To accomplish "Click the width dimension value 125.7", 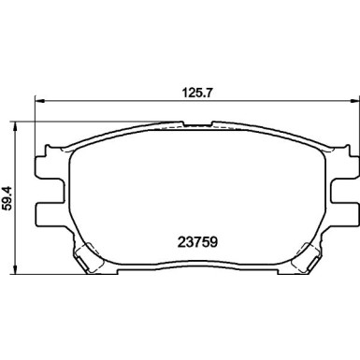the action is coord(196,93).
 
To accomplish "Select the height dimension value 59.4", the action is coord(7,197).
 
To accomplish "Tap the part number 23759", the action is coord(197,241).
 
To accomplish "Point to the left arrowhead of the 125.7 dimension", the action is coord(40,101).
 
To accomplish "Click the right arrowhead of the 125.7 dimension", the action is coord(354,101).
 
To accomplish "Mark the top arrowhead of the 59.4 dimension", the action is coord(15,126).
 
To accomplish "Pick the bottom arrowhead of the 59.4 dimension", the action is coord(15,269).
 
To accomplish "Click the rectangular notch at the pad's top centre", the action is coord(197,123).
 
